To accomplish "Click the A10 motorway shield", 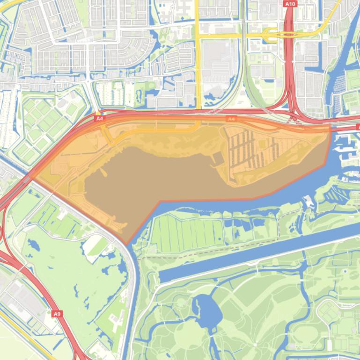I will [x=290, y=4].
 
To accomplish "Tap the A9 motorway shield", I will [x=57, y=314].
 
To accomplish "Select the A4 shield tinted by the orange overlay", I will [x=230, y=119].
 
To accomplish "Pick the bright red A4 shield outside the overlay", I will [x=99, y=119].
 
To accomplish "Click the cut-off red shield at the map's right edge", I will [x=358, y=127].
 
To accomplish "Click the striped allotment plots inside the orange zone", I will [x=248, y=150].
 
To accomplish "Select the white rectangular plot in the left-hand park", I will [x=96, y=243].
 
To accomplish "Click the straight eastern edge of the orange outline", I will [x=329, y=145].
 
